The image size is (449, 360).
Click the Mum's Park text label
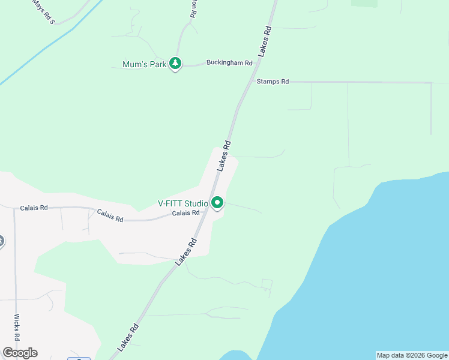(144, 64)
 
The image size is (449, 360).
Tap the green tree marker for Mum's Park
(175, 63)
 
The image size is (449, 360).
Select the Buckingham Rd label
(229, 62)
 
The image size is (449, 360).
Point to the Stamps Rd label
(273, 82)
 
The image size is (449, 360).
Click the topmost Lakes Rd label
(265, 41)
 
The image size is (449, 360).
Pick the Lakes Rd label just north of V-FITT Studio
(224, 156)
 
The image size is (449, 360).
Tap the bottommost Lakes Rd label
(128, 337)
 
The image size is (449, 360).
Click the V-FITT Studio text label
(183, 203)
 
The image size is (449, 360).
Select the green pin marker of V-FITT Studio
(217, 203)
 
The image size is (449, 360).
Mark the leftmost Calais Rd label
(34, 208)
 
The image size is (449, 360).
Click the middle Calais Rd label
(110, 216)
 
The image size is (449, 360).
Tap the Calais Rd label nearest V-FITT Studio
(185, 213)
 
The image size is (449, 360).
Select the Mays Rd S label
(43, 13)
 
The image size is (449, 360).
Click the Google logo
(20, 353)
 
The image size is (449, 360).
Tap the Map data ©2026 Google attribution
(412, 355)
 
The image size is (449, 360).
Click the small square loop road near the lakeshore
(267, 284)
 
